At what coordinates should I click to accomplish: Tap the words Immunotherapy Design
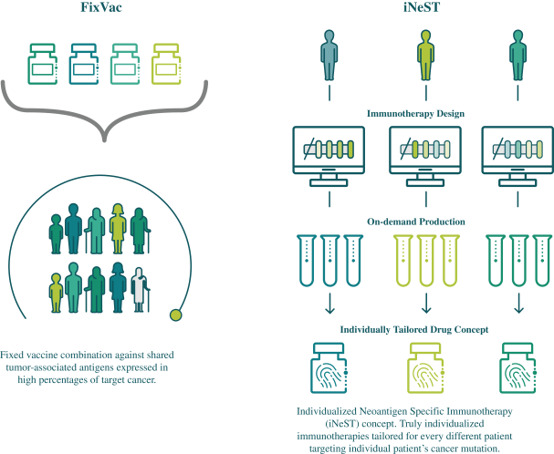point(423,115)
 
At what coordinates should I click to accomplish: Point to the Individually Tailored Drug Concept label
point(423,329)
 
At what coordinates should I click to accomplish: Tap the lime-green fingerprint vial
point(424,369)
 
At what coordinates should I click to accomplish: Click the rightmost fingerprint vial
point(519,369)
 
